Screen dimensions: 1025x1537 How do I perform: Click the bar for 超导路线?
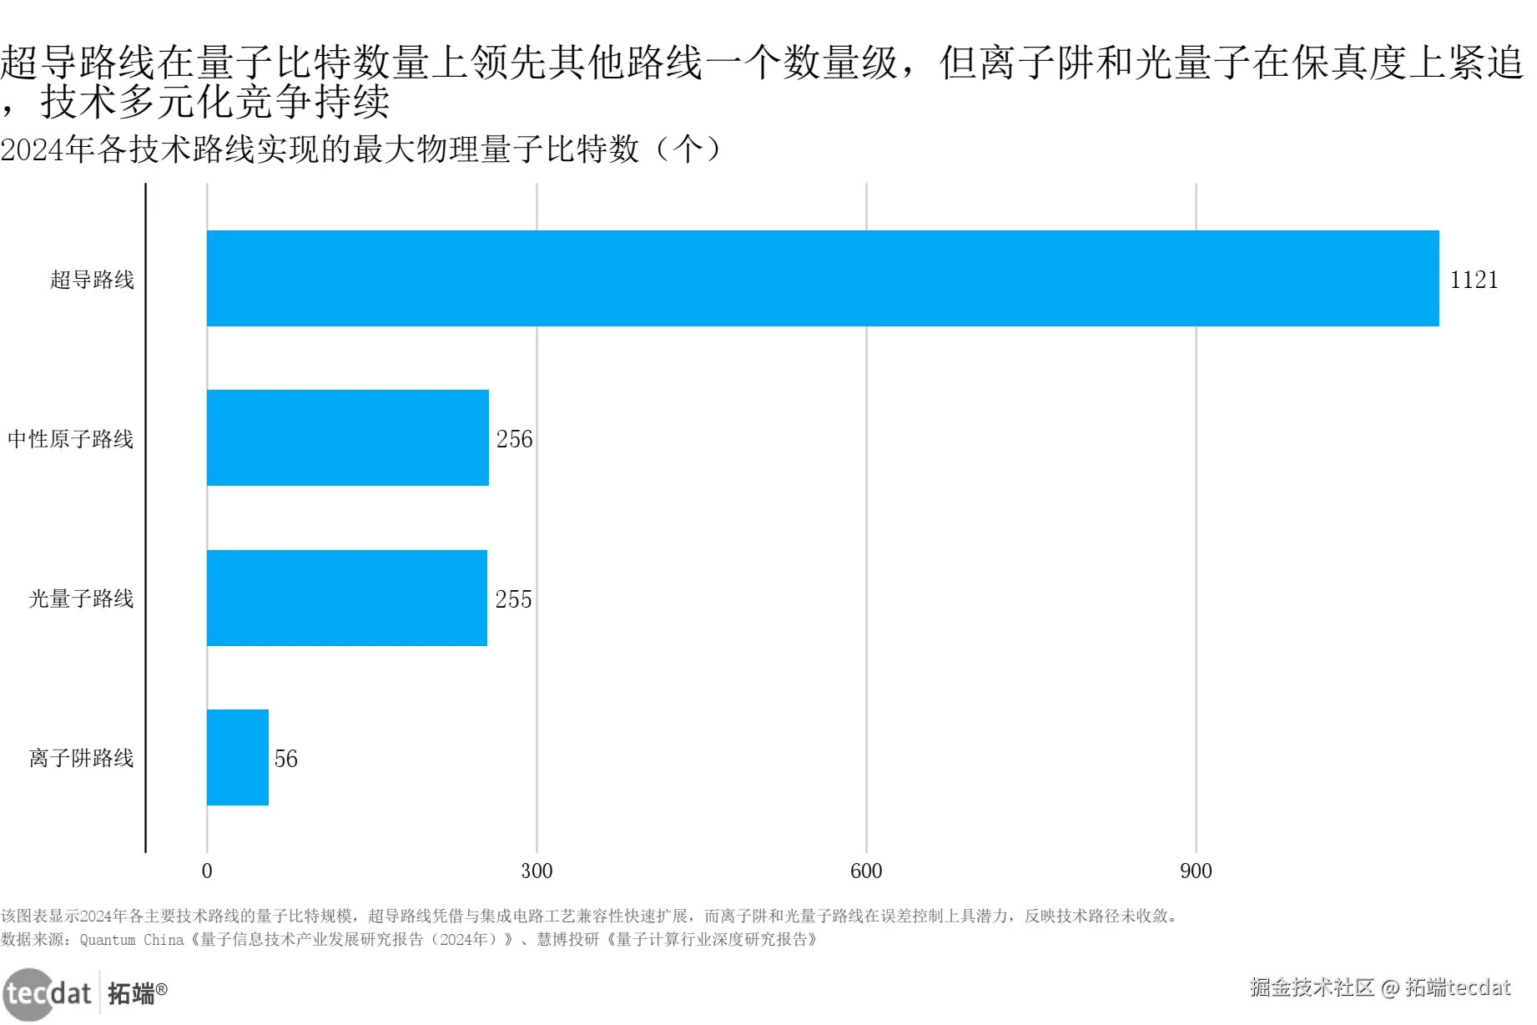pyautogui.click(x=823, y=278)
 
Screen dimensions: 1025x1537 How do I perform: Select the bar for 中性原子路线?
pyautogui.click(x=348, y=437)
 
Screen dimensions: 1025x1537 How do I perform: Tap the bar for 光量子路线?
pyautogui.click(x=347, y=598)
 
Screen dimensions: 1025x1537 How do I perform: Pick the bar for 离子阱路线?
pyautogui.click(x=238, y=757)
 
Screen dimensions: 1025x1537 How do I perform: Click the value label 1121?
pyautogui.click(x=1474, y=280)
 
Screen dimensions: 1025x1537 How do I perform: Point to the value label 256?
pyautogui.click(x=514, y=439)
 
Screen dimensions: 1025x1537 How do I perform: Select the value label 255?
pyautogui.click(x=513, y=599)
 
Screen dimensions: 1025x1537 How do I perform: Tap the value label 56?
pyautogui.click(x=285, y=759)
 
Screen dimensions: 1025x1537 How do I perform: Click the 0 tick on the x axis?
pyautogui.click(x=207, y=871)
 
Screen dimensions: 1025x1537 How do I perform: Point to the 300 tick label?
pyautogui.click(x=537, y=871)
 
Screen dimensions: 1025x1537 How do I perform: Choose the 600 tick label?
pyautogui.click(x=866, y=871)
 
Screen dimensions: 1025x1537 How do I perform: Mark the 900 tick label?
pyautogui.click(x=1196, y=871)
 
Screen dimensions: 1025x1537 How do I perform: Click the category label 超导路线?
pyautogui.click(x=92, y=280)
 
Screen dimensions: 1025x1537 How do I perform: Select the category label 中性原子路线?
pyautogui.click(x=71, y=439)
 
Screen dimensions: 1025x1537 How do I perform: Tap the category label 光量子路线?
pyautogui.click(x=81, y=598)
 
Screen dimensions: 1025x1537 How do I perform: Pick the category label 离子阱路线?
pyautogui.click(x=81, y=758)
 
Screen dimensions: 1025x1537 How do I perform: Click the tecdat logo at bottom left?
pyautogui.click(x=48, y=993)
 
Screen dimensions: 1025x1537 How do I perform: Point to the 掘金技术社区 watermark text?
pyautogui.click(x=1312, y=987)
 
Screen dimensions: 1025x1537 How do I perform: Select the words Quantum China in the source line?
pyautogui.click(x=132, y=940)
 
